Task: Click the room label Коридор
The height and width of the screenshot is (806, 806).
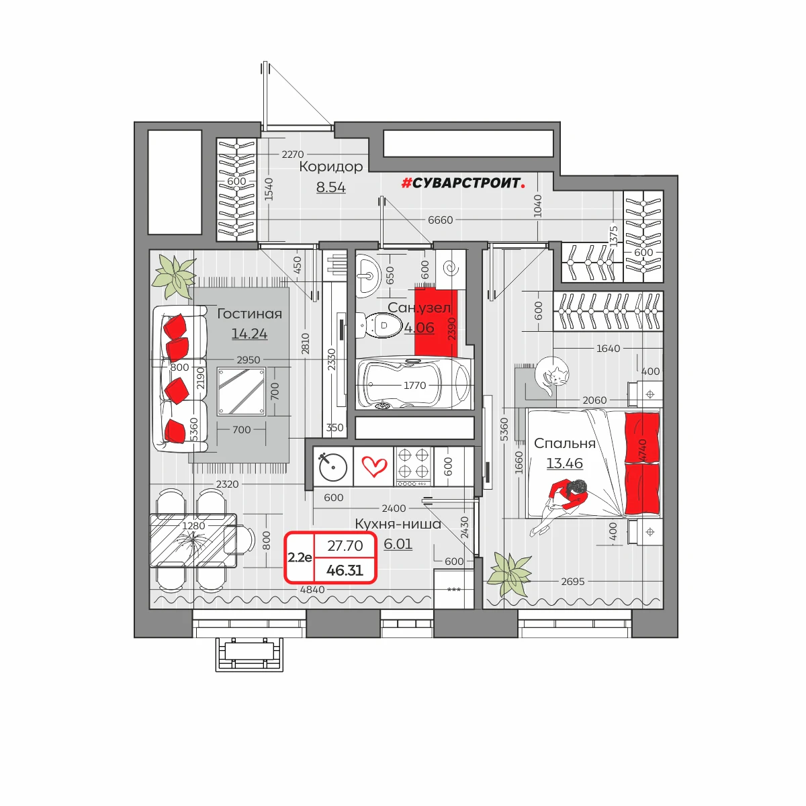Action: [x=331, y=167]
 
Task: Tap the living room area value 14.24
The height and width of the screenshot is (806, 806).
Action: [x=249, y=334]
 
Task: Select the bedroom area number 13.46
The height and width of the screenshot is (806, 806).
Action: [x=564, y=463]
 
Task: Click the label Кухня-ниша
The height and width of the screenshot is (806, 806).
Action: [x=398, y=524]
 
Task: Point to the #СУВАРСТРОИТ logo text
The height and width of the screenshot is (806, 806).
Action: [x=463, y=183]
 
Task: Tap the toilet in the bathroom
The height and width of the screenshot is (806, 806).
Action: [x=379, y=325]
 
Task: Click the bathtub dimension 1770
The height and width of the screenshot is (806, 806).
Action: [x=414, y=386]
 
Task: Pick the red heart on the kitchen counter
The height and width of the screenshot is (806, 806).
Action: [x=374, y=466]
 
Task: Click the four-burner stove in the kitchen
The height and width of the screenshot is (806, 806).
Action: [x=413, y=467]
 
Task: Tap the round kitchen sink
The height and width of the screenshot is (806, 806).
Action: [x=333, y=467]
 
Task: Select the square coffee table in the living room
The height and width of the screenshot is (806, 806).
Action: [x=241, y=391]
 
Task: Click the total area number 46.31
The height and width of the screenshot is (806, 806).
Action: [x=345, y=570]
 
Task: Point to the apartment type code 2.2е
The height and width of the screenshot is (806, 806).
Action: [x=300, y=557]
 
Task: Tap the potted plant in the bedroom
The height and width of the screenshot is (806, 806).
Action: [x=510, y=573]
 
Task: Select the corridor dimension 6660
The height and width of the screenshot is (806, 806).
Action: [x=440, y=220]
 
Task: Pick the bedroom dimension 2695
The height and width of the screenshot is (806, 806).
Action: [x=573, y=582]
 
